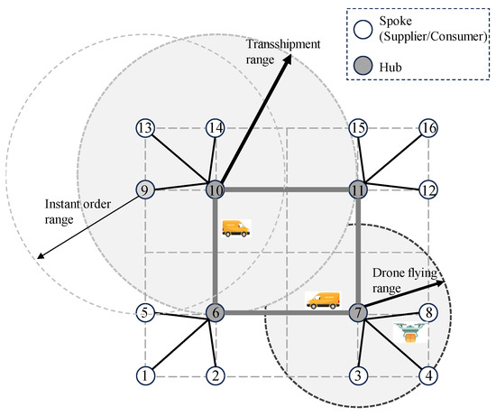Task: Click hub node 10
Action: coord(215,190)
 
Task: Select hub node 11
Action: coord(358,190)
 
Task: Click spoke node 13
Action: coord(144,129)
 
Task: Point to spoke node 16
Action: coord(428,129)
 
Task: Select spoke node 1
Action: coord(144,374)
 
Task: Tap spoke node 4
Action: coord(428,374)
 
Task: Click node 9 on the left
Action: coord(144,190)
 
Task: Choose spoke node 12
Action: coord(428,190)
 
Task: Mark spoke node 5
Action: coord(144,313)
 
